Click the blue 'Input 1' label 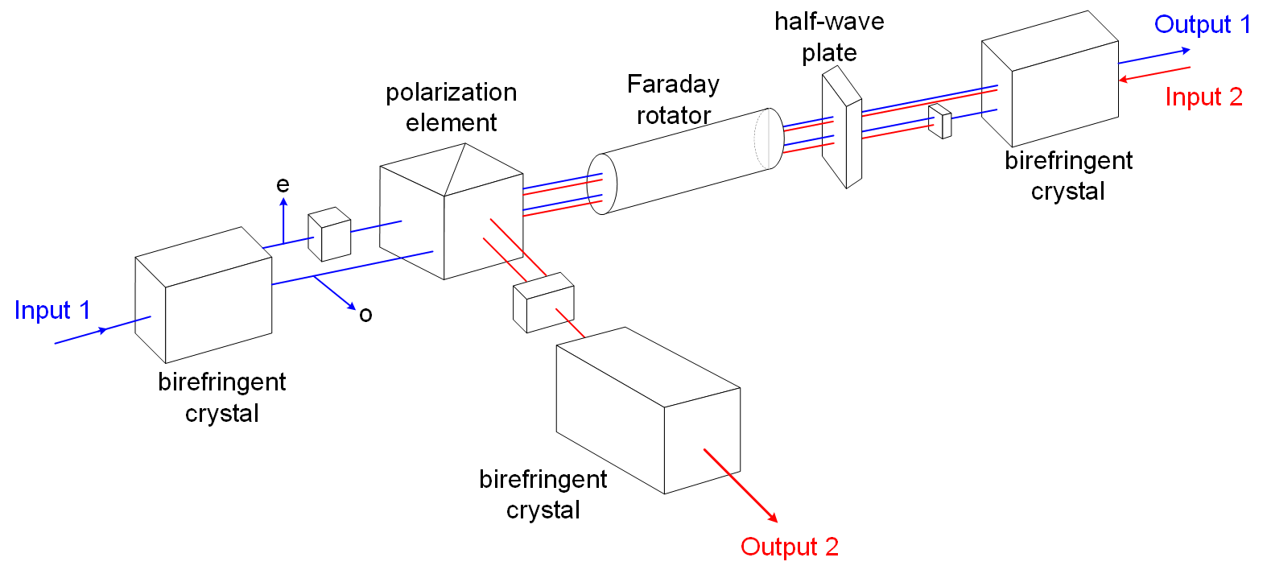(52, 310)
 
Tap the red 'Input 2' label (1203, 97)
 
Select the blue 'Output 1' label (1203, 24)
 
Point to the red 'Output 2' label (790, 547)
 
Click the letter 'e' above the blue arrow (283, 184)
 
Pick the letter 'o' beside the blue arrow (366, 315)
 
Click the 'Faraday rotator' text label (673, 100)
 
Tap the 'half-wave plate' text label (829, 37)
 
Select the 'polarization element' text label (452, 107)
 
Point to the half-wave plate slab (842, 127)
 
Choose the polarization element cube (452, 211)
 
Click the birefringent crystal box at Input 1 (204, 295)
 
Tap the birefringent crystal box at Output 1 (1050, 79)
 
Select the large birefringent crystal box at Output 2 (648, 410)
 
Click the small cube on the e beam (329, 234)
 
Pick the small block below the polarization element (543, 303)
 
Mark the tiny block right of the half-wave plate (940, 121)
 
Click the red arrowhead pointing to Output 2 (773, 517)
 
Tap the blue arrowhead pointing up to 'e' (284, 201)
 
